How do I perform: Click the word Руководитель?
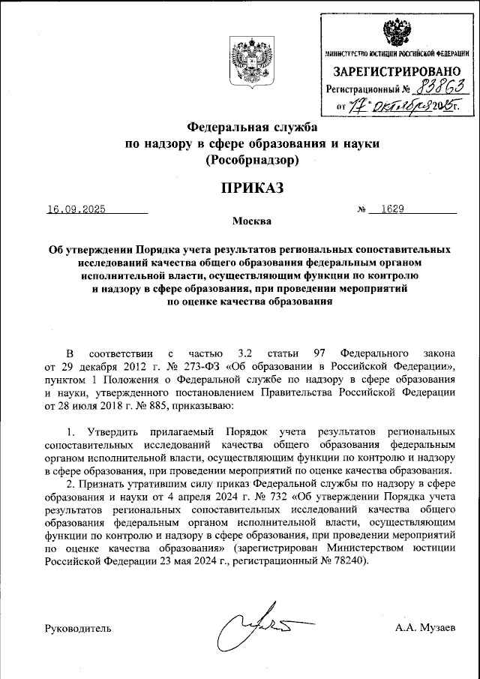(78, 626)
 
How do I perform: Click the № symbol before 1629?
(361, 211)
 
